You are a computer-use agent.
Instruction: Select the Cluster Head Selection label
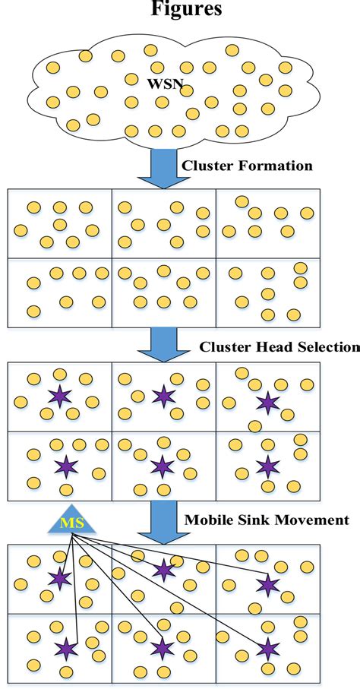click(x=279, y=347)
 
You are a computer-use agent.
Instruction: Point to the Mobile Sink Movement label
click(x=267, y=520)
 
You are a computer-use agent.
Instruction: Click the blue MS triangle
click(x=73, y=523)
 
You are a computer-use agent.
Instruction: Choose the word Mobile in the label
click(x=207, y=520)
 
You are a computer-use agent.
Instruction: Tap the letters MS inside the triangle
click(x=73, y=526)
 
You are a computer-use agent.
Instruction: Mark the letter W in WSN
click(x=154, y=79)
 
